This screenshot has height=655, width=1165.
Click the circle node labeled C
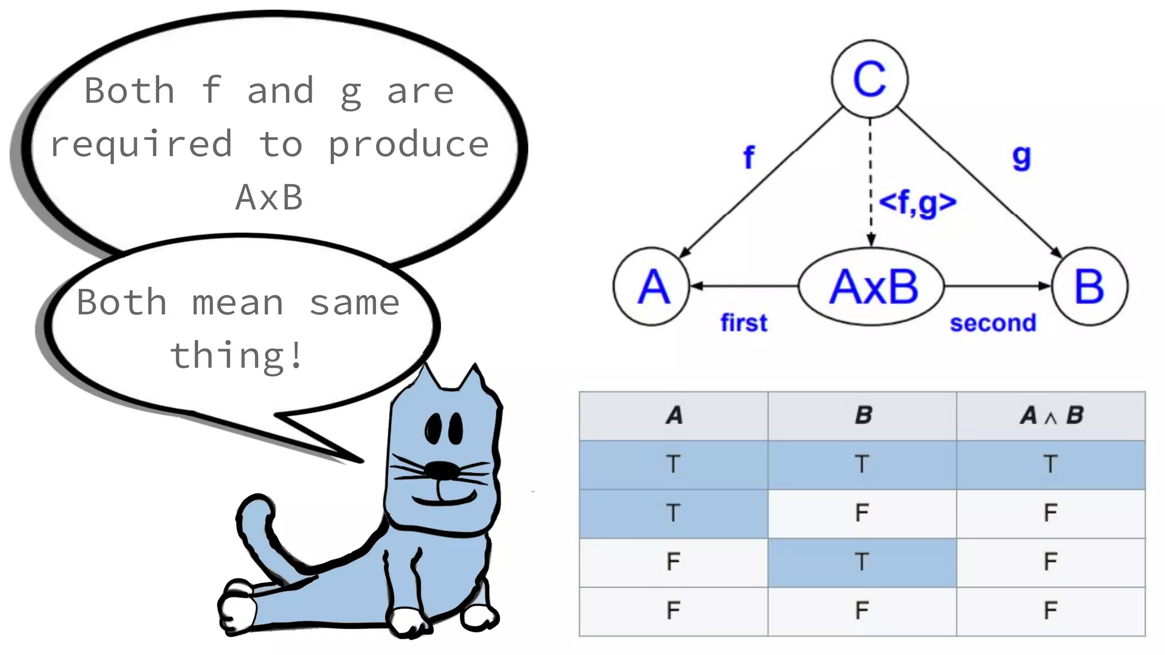869,78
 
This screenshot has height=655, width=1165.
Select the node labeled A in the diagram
652,286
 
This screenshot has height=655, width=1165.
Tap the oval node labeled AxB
871,286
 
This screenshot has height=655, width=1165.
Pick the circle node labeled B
1089,286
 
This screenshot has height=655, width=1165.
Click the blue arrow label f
749,157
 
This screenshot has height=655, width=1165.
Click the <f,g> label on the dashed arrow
917,202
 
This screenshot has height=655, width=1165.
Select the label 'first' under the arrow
743,323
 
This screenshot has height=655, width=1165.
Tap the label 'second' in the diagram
993,323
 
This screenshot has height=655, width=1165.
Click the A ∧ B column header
1051,416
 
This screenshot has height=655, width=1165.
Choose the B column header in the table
862,416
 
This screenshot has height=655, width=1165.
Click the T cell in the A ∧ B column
1051,465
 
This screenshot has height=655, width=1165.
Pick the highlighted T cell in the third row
862,562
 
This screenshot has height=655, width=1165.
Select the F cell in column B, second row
862,513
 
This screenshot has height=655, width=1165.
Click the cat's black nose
442,470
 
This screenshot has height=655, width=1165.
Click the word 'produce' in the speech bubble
408,144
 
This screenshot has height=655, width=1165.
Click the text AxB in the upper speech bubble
269,198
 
